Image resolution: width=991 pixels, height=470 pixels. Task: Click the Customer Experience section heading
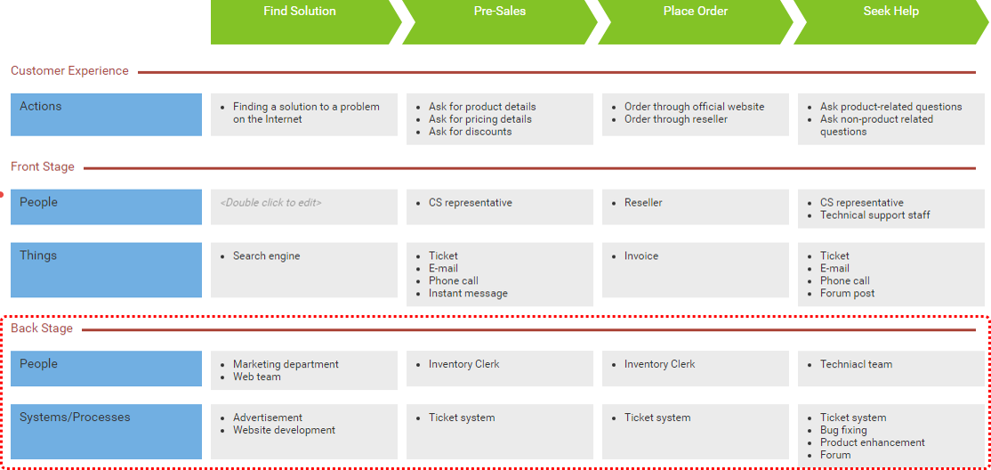[x=69, y=71]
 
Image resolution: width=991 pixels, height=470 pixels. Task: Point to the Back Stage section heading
[x=42, y=329]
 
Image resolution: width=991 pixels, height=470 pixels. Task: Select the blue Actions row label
[x=106, y=115]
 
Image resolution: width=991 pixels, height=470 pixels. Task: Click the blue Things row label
[x=106, y=270]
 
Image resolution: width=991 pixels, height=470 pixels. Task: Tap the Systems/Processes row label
[x=106, y=432]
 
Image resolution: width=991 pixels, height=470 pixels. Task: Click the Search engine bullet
[x=266, y=256]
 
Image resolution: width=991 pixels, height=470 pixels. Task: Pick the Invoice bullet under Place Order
[x=641, y=256]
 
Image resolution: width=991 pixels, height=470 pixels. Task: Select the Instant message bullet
[x=468, y=294]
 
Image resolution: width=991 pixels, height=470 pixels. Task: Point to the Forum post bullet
[x=847, y=294]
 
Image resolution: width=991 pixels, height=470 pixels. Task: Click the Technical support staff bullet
[x=874, y=215]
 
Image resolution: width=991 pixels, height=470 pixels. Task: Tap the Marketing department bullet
[x=286, y=364]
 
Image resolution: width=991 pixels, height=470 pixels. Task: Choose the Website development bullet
[x=284, y=431]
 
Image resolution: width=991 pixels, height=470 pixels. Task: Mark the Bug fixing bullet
[x=842, y=431]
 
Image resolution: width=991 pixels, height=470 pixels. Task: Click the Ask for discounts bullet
[x=470, y=132]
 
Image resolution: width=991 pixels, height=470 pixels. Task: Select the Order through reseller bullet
[x=675, y=119]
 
